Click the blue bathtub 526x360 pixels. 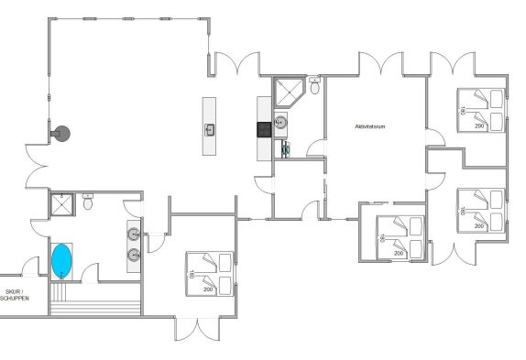(61, 261)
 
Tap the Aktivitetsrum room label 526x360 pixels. (370, 126)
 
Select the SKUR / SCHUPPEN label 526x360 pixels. (15, 295)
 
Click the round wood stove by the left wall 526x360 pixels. (61, 134)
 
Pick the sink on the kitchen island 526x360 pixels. (210, 130)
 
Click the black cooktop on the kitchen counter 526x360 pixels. (264, 130)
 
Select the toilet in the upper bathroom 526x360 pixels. (314, 85)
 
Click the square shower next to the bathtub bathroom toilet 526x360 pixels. (62, 204)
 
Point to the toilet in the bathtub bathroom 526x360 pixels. (88, 202)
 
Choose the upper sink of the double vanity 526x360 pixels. (134, 234)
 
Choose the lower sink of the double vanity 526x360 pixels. (134, 256)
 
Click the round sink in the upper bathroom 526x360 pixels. (280, 123)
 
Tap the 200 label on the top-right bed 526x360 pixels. (479, 126)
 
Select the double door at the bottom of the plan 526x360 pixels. (197, 329)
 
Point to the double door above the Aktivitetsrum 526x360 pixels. (381, 63)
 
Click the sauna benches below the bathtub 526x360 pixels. (95, 300)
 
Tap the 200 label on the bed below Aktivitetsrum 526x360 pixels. (399, 254)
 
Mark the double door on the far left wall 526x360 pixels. (37, 166)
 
